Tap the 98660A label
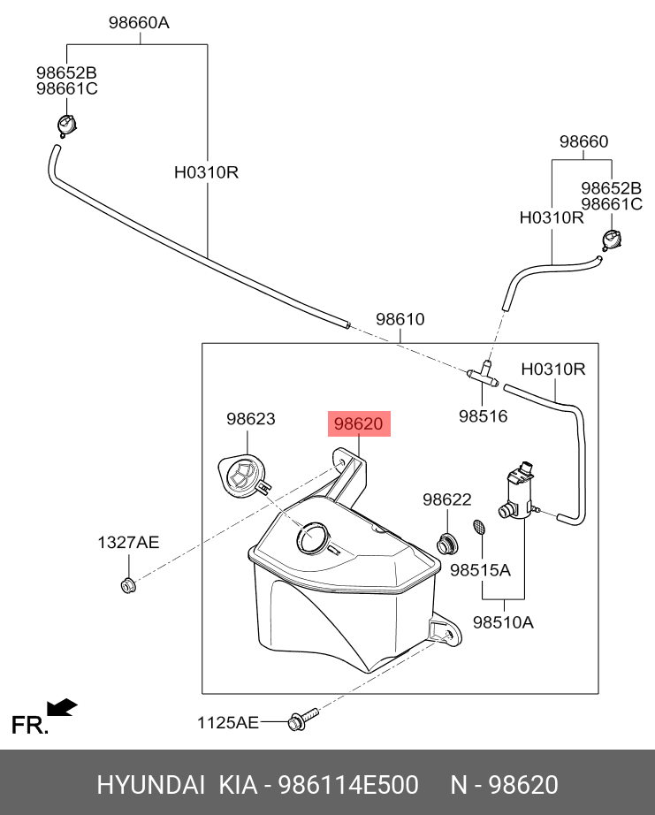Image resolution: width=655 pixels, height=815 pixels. [139, 24]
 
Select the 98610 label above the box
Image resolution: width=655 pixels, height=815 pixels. [400, 320]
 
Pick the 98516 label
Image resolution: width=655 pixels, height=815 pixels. [483, 415]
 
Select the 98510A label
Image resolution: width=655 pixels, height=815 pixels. [503, 621]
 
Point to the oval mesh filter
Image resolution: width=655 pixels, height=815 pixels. [480, 528]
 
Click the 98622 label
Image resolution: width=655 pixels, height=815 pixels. [446, 500]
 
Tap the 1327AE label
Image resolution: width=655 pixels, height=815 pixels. [128, 543]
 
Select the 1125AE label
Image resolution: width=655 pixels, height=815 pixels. [227, 723]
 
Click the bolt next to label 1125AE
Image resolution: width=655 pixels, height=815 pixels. [299, 720]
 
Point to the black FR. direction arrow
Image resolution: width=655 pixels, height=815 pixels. [62, 707]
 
